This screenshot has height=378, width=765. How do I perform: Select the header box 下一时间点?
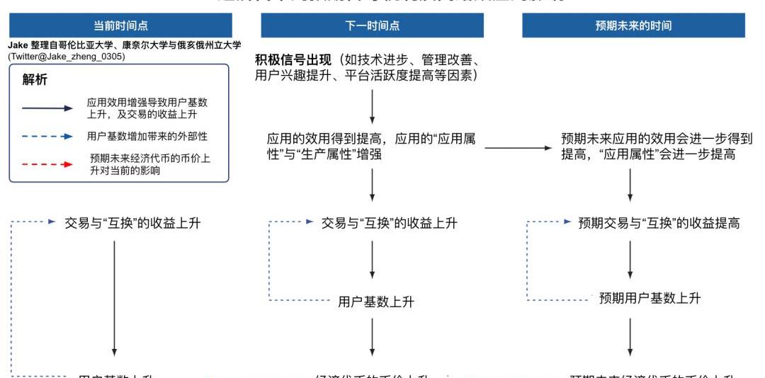[x=372, y=25]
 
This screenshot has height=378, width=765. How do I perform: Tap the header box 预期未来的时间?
[x=633, y=25]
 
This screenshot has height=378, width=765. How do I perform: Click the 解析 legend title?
[x=35, y=80]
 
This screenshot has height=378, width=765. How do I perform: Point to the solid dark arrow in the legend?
[x=48, y=108]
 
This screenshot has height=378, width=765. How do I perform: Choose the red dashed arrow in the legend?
[x=48, y=164]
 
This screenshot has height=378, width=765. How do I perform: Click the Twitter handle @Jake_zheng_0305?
[x=67, y=57]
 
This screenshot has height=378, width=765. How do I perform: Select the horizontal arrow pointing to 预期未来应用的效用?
[x=516, y=148]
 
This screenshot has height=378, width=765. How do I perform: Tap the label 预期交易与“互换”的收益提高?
[x=659, y=223]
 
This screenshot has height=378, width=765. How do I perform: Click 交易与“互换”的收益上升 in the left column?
[x=132, y=223]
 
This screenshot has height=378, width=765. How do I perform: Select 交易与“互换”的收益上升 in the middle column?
[x=389, y=223]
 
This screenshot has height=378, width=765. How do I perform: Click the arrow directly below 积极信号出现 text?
[x=372, y=109]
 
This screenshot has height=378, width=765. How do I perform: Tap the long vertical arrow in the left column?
[x=114, y=297]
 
